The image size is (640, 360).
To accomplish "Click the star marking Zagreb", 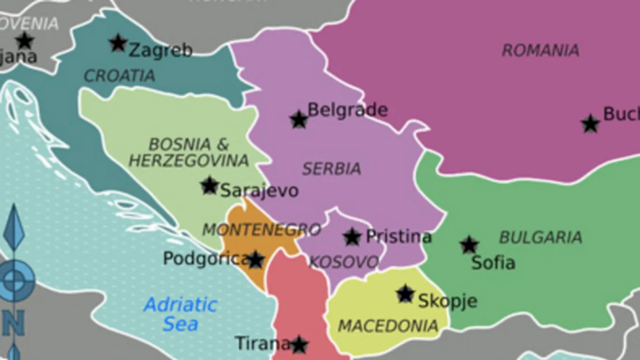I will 118,43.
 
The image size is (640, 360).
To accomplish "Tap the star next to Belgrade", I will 299,120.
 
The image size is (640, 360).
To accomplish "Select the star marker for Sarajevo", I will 210,185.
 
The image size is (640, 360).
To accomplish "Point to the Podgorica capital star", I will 256,260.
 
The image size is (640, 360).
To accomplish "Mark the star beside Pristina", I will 352,237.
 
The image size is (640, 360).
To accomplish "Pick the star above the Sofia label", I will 469,245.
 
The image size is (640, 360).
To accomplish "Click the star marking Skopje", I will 405,294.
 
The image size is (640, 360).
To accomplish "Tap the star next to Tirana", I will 299,345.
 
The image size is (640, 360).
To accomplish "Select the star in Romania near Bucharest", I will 590,123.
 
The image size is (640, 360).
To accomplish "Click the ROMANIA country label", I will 540,50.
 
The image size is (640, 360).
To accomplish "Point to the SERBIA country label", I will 331,169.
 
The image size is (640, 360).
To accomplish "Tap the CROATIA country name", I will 119,76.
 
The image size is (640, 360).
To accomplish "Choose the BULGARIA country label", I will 540,237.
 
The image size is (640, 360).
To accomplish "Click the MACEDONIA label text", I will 388,326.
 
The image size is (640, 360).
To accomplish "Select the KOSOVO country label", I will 344,262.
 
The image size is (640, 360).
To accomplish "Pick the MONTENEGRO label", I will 261,230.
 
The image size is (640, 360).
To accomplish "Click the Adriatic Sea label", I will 181,314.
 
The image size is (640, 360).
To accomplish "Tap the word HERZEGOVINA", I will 189,161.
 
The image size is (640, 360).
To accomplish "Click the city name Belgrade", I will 347,110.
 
